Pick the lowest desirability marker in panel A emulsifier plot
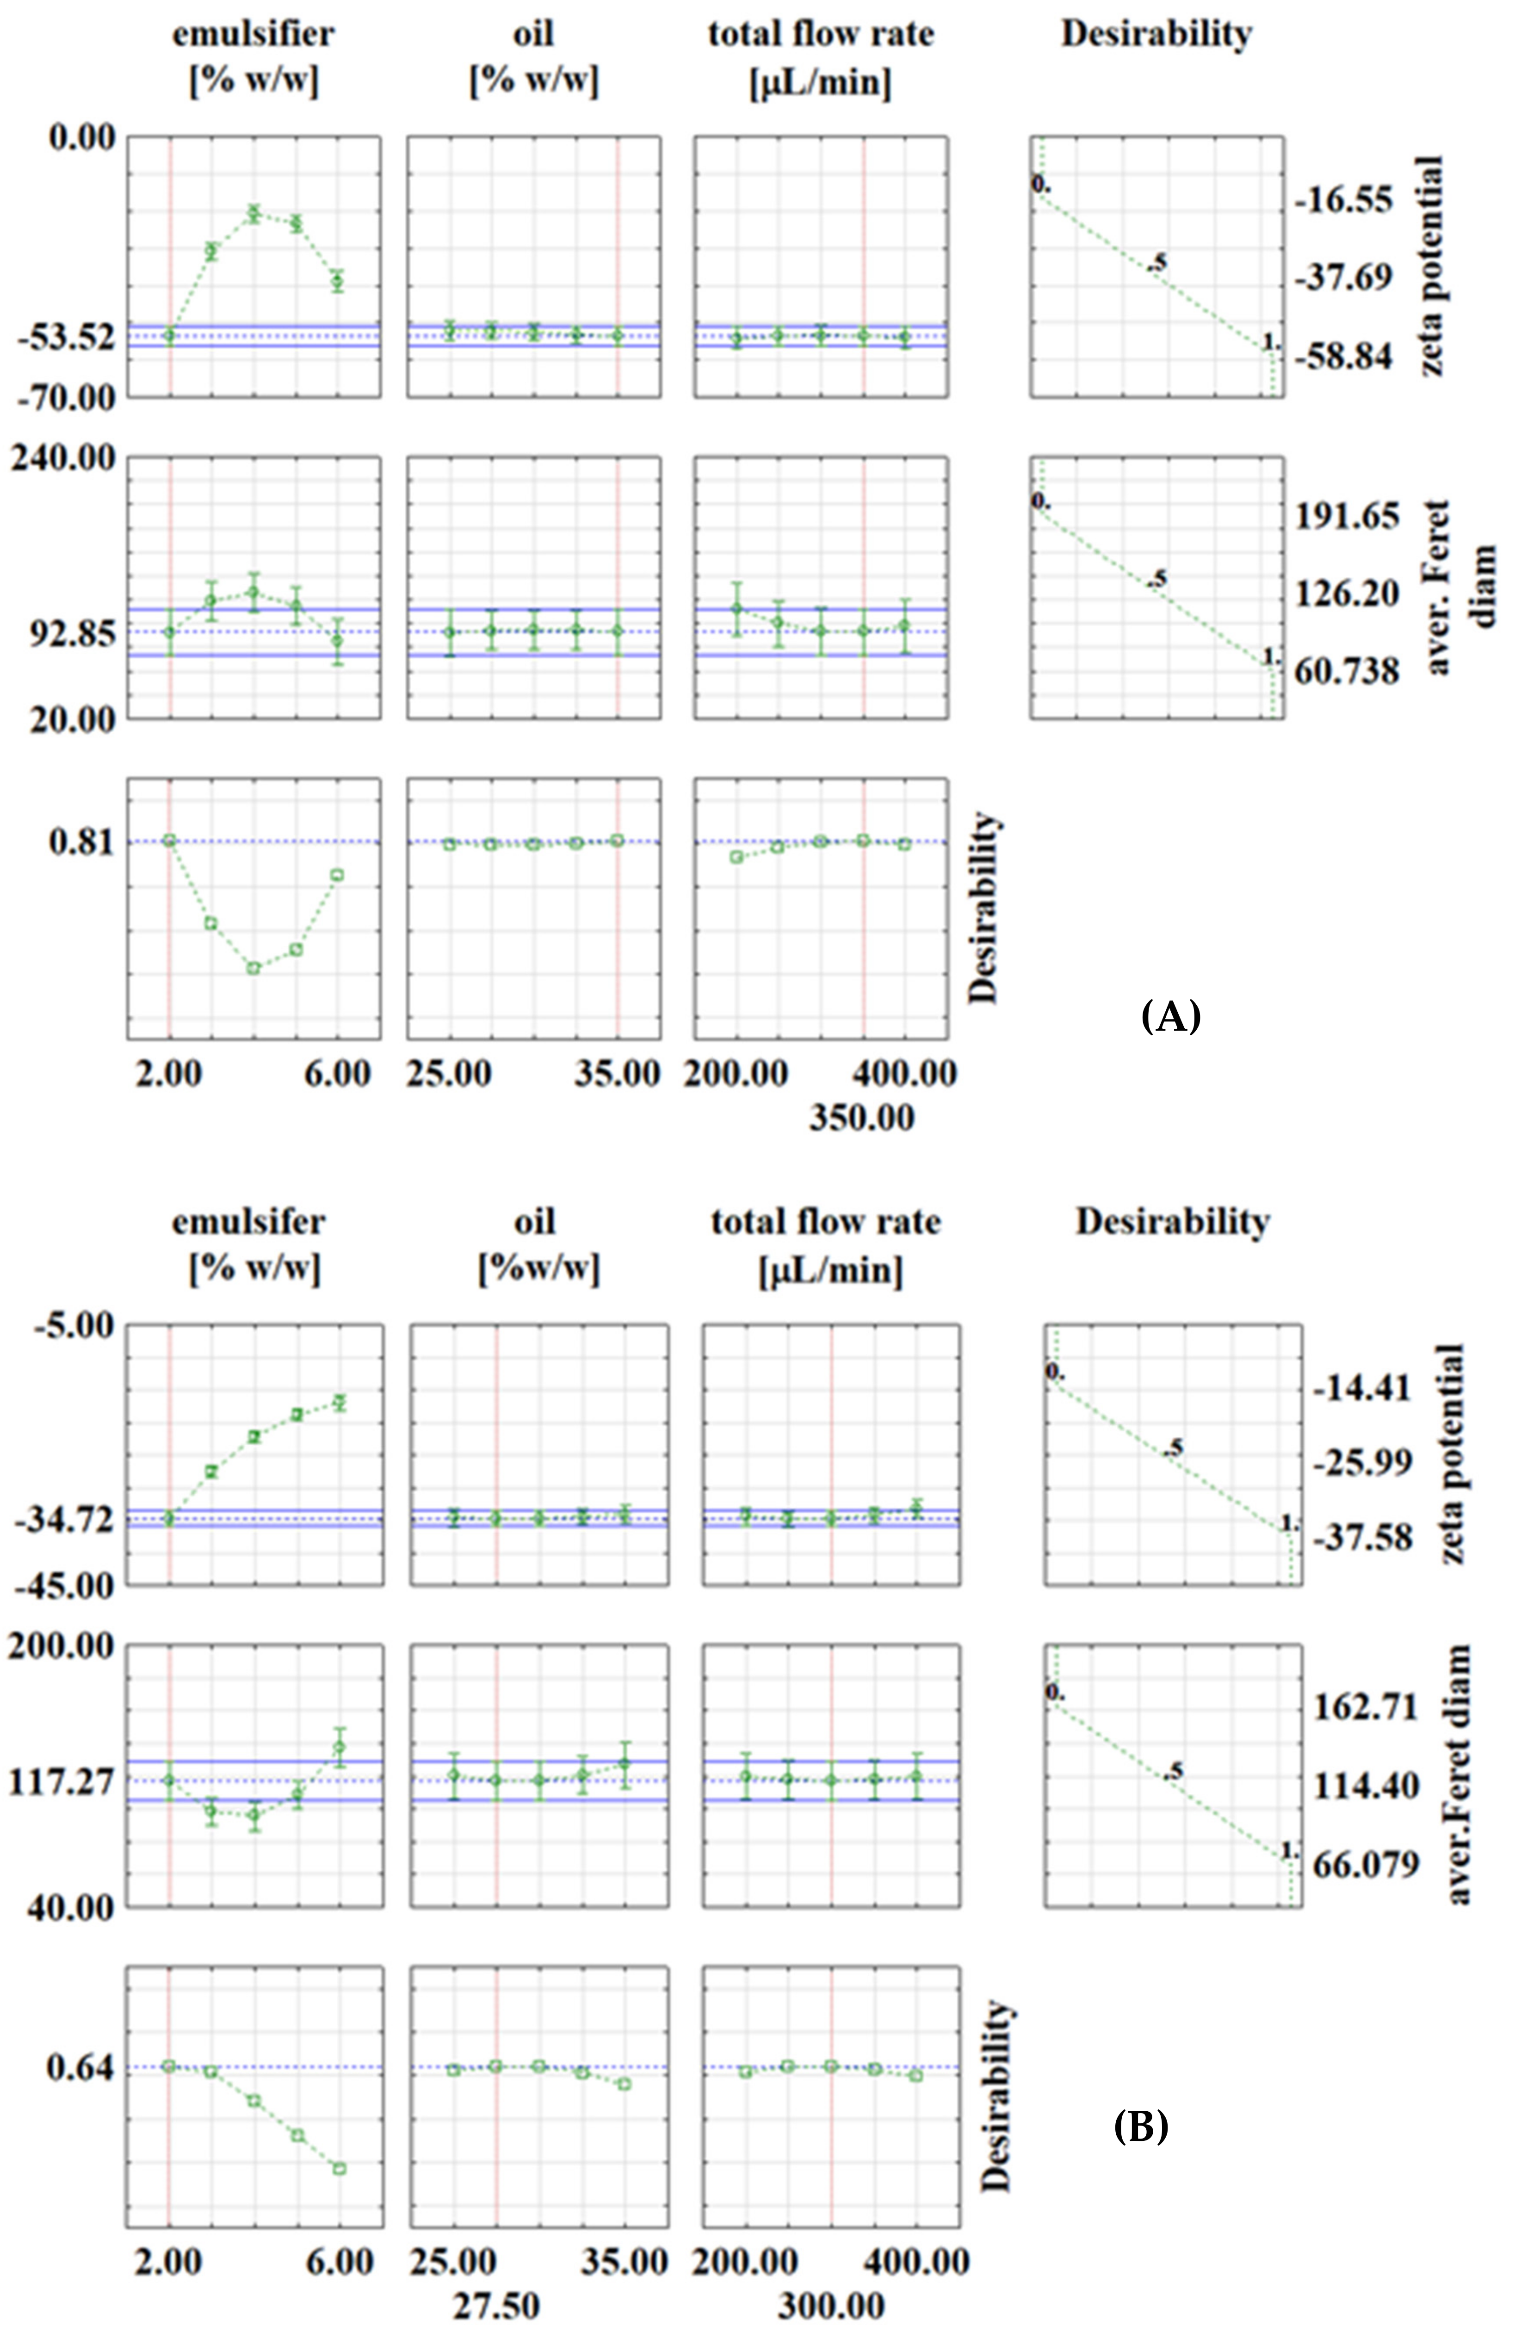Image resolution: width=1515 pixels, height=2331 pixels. click(254, 968)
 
